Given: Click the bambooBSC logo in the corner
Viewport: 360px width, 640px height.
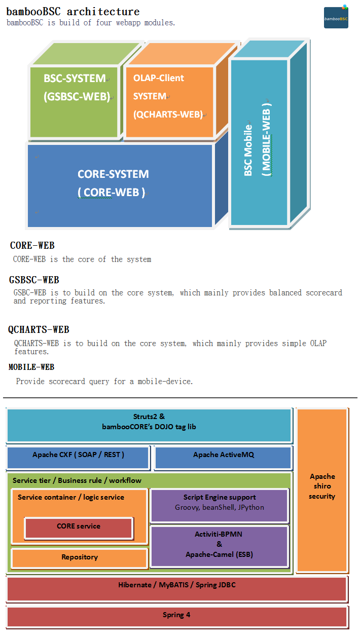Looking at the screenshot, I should (336, 17).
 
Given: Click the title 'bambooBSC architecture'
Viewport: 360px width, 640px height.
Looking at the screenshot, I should (73, 11).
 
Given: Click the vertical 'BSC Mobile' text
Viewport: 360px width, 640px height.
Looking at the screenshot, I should (248, 150).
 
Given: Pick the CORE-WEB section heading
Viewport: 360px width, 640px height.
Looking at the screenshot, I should (32, 246).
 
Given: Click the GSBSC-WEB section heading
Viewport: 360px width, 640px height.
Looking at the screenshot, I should (34, 280).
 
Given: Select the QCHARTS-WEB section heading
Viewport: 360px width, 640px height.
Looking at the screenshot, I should (39, 330).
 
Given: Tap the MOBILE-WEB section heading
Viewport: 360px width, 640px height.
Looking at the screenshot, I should (31, 367).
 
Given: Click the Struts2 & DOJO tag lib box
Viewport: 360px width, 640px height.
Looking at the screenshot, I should (149, 422).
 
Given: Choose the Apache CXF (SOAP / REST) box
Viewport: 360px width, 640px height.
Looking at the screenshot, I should (78, 455).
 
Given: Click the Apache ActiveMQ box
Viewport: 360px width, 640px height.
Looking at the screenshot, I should (223, 455).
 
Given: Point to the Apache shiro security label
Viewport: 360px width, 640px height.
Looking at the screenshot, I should (322, 486).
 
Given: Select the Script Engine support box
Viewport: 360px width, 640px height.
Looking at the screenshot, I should (219, 502).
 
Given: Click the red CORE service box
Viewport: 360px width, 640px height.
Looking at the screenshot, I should (79, 526).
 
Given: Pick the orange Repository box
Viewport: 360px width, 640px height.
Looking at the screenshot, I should (80, 557).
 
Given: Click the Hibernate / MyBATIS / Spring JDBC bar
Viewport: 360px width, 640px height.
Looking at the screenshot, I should (176, 585).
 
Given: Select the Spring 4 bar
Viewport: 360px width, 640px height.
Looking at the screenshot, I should (176, 615).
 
